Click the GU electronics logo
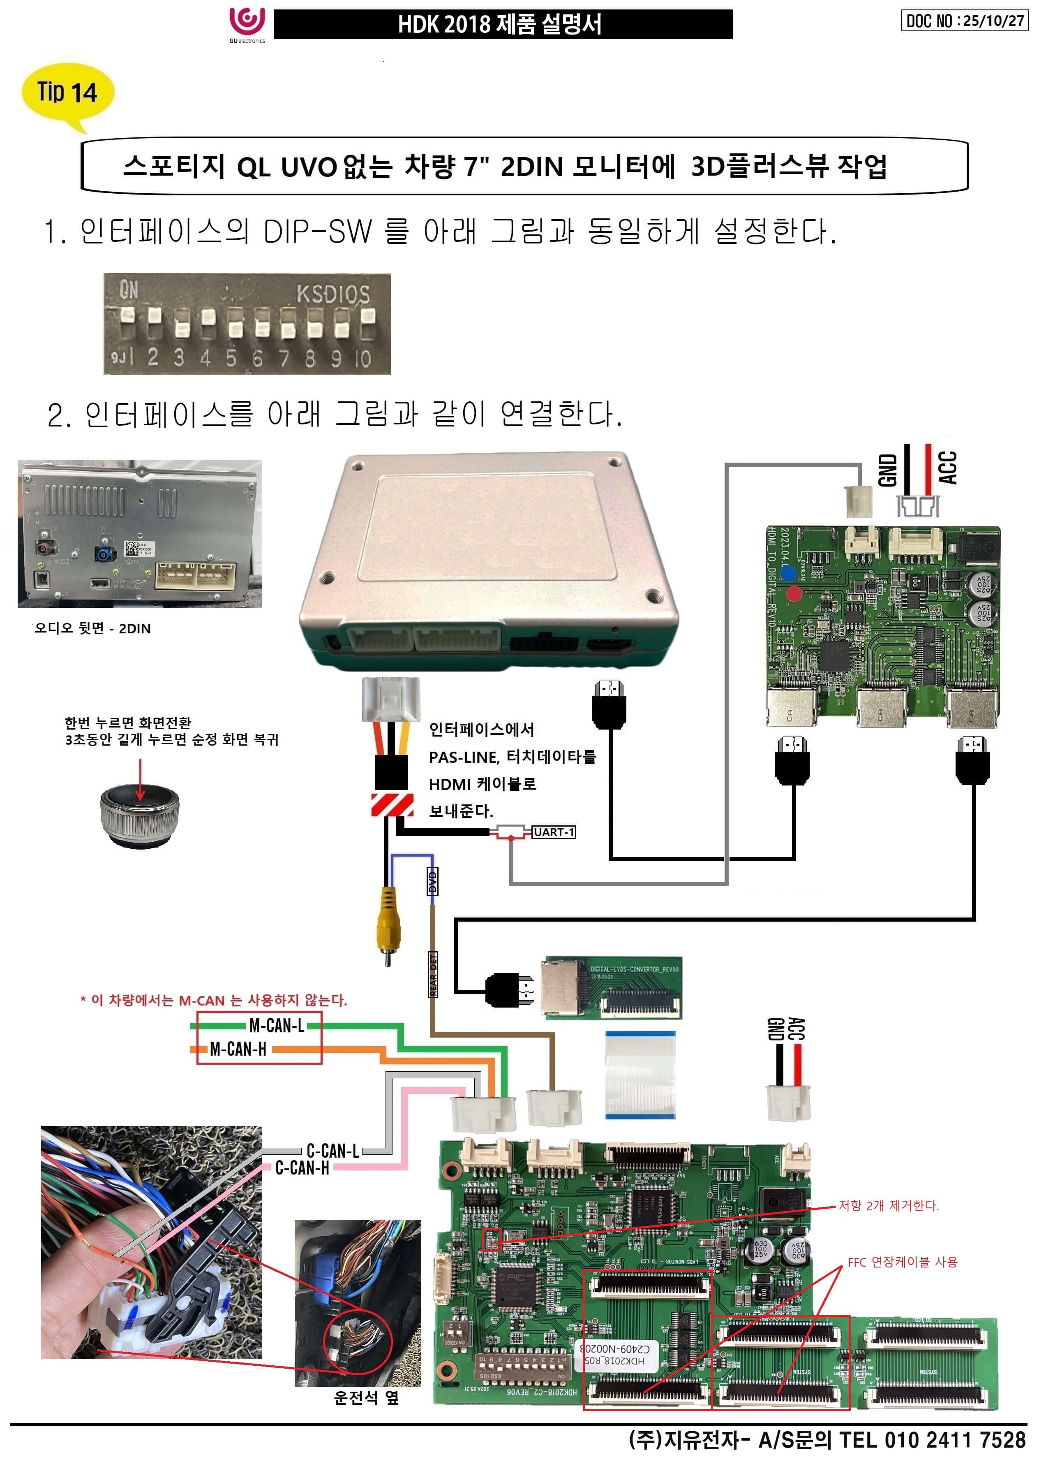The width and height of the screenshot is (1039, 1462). click(x=247, y=24)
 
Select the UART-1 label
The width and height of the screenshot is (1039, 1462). click(x=554, y=832)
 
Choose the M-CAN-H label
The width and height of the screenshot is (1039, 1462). click(x=238, y=1049)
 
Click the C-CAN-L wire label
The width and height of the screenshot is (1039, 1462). click(x=332, y=1150)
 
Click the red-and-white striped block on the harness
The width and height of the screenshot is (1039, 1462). click(x=392, y=804)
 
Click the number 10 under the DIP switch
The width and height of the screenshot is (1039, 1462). click(x=363, y=359)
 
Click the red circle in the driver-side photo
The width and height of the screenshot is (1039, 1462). click(x=358, y=1343)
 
